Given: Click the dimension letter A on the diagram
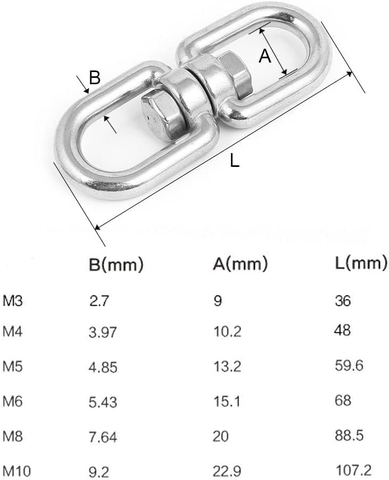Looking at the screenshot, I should click(x=265, y=55).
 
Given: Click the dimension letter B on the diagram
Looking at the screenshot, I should click(x=94, y=78).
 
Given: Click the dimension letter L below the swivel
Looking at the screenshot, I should click(x=235, y=160).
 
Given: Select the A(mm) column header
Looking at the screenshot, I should click(x=241, y=263).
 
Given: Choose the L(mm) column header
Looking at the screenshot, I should click(x=361, y=263).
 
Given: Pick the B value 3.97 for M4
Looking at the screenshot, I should click(x=102, y=333).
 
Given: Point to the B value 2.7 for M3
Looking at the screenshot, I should click(x=99, y=301).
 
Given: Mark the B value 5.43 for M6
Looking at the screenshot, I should click(x=102, y=403).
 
